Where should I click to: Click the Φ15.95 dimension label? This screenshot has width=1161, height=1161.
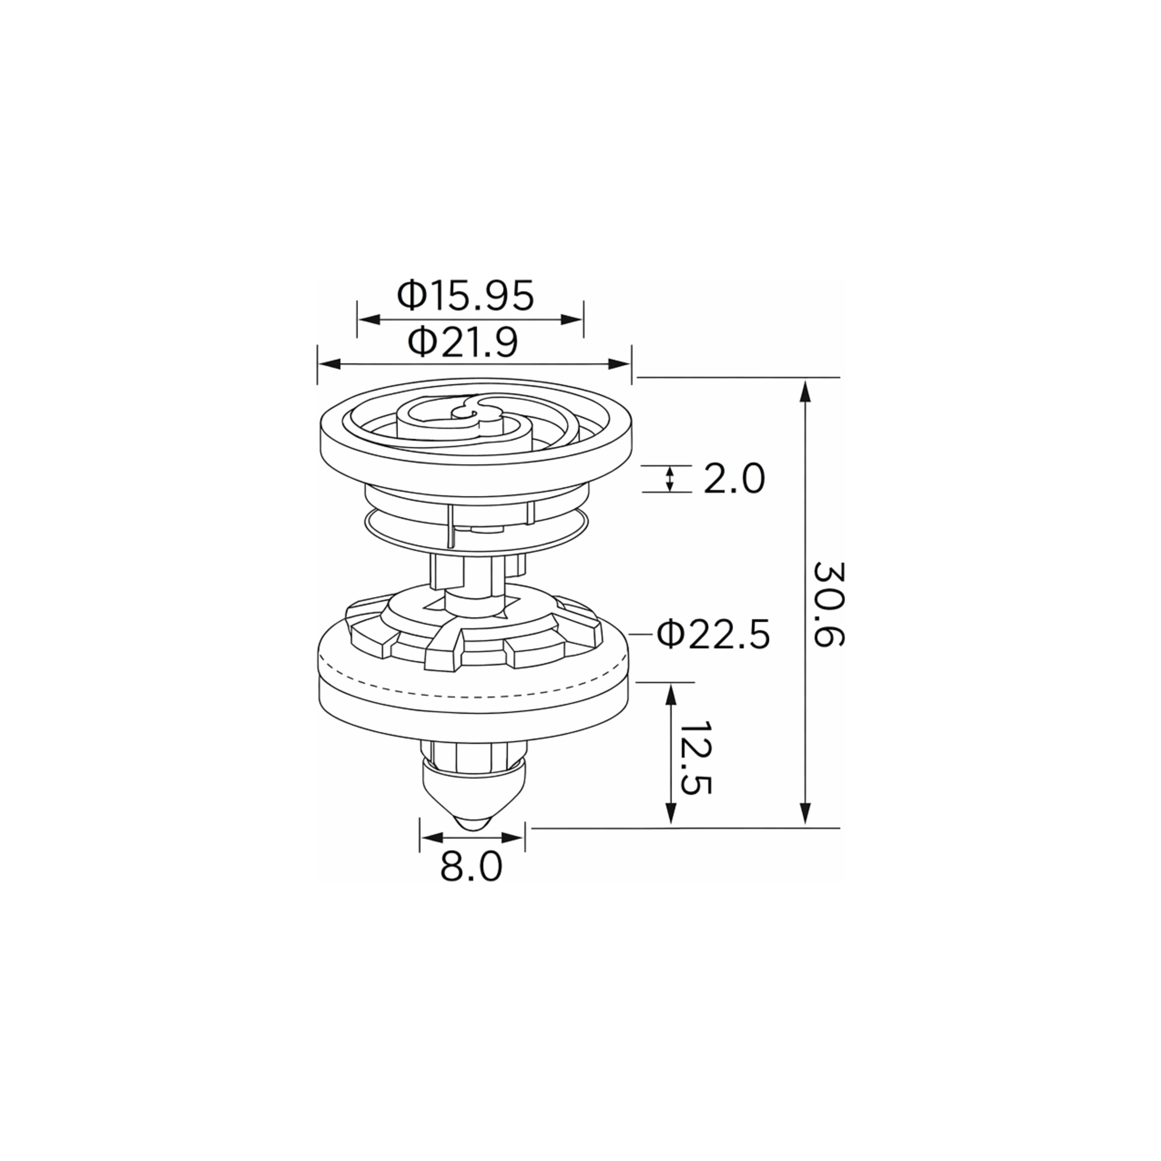click(x=465, y=295)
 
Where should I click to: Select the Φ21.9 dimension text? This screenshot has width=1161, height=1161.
click(x=463, y=343)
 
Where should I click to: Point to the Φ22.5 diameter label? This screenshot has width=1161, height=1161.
click(x=713, y=634)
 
